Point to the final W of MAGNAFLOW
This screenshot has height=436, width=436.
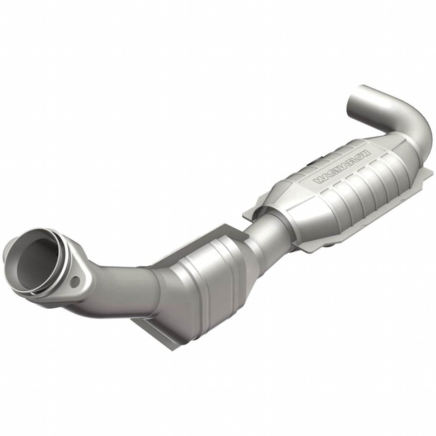click(x=367, y=152)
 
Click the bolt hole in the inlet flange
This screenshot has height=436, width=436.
click(x=75, y=281)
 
